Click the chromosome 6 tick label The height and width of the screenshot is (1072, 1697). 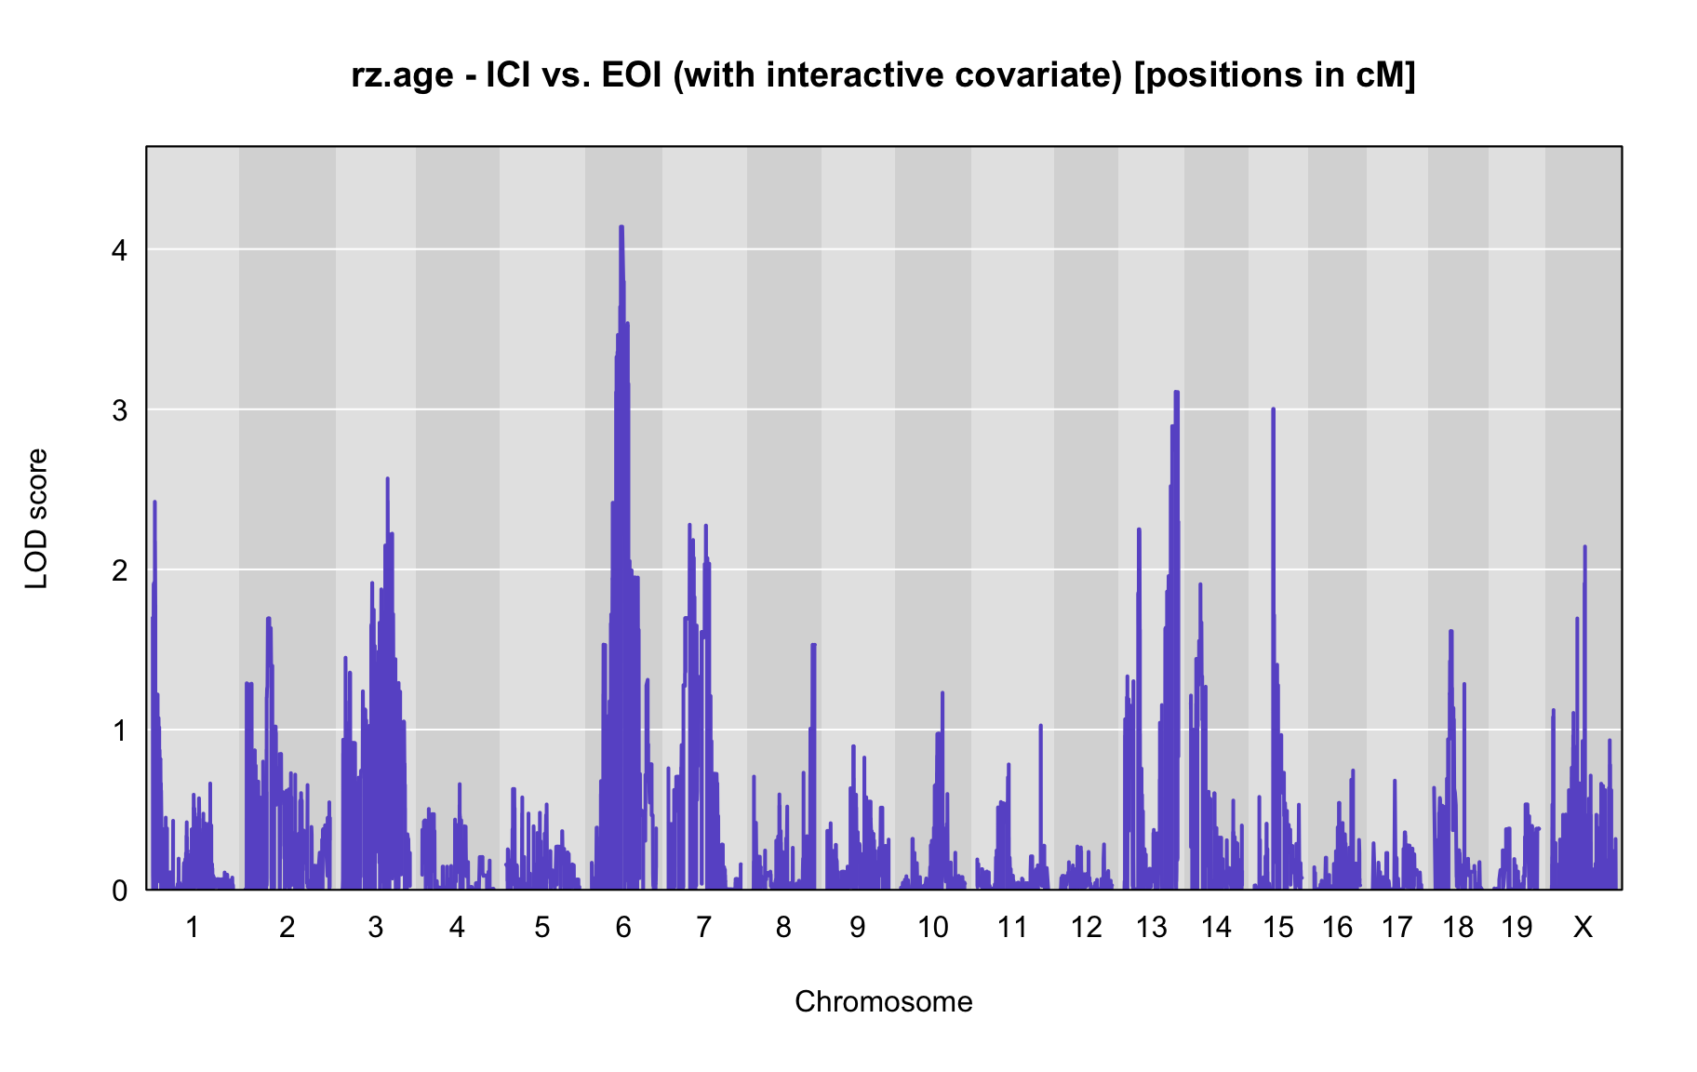pos(623,927)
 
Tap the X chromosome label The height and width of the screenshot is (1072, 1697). pos(1583,927)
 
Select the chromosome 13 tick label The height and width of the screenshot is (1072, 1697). pos(1151,927)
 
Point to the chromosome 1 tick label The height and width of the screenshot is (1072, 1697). pos(193,927)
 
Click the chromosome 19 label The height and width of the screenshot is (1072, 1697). pos(1517,927)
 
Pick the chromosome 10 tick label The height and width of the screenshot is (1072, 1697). pos(933,927)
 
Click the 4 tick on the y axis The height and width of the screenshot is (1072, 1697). pos(120,249)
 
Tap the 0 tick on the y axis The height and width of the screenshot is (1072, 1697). pos(120,891)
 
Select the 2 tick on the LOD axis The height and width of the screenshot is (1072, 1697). pos(120,569)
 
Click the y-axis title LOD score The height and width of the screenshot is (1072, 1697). pos(37,518)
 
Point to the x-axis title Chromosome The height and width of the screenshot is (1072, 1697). pos(884,1001)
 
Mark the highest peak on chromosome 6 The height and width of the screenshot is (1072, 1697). pos(621,226)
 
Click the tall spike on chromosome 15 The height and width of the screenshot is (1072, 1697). pos(1273,409)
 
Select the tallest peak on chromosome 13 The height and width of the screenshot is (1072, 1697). pos(1176,392)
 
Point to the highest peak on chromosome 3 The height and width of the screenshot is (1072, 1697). pos(387,478)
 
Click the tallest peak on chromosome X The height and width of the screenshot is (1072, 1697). pos(1584,546)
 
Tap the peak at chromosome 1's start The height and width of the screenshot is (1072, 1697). pos(154,502)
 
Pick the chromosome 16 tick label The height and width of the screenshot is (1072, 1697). pos(1337,927)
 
